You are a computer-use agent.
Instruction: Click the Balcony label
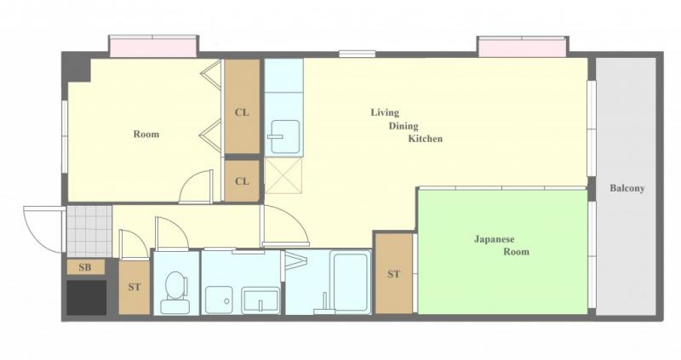tap(627, 188)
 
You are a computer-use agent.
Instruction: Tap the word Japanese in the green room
tap(494, 239)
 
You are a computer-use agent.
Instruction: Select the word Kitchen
tap(425, 139)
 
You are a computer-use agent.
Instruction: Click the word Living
tap(385, 113)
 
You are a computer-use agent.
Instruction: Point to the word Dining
tap(403, 126)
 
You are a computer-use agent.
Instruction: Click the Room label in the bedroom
tap(146, 134)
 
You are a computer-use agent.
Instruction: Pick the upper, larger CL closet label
tap(242, 113)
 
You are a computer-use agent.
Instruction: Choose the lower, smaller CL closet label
tap(242, 181)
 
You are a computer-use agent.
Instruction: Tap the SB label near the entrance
tap(85, 267)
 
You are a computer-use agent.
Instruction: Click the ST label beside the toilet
tap(134, 287)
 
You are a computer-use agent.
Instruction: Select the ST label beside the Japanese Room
tap(393, 274)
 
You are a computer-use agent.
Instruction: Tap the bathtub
tap(350, 281)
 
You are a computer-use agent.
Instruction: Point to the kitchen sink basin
tap(285, 137)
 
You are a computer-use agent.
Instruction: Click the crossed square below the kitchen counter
tap(283, 175)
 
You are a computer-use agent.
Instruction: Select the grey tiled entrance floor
tap(89, 231)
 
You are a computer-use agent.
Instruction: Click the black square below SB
tap(87, 298)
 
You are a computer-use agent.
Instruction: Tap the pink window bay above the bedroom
tap(153, 47)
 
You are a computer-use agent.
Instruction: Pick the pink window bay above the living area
tap(522, 47)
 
